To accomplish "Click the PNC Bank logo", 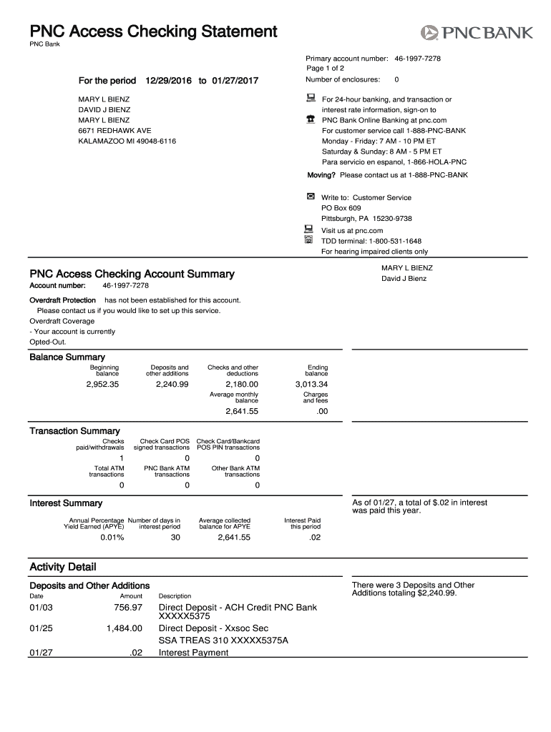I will click(477, 32).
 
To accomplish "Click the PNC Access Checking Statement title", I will click(152, 31).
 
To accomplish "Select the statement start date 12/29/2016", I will click(168, 81).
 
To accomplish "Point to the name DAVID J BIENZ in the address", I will click(104, 110).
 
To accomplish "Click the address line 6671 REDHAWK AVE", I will click(114, 131).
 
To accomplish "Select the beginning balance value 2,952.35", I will click(102, 385).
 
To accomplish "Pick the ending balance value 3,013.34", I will click(311, 385).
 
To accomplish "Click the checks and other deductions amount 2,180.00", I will click(241, 385).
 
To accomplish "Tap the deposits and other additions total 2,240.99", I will click(172, 385).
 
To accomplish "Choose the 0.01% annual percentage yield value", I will click(112, 538).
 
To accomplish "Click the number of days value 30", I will click(175, 538).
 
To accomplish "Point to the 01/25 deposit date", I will click(41, 628).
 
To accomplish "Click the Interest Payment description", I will click(193, 653).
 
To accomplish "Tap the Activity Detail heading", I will click(62, 568).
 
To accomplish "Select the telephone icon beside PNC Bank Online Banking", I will click(311, 119).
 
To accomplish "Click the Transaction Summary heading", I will click(74, 431).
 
